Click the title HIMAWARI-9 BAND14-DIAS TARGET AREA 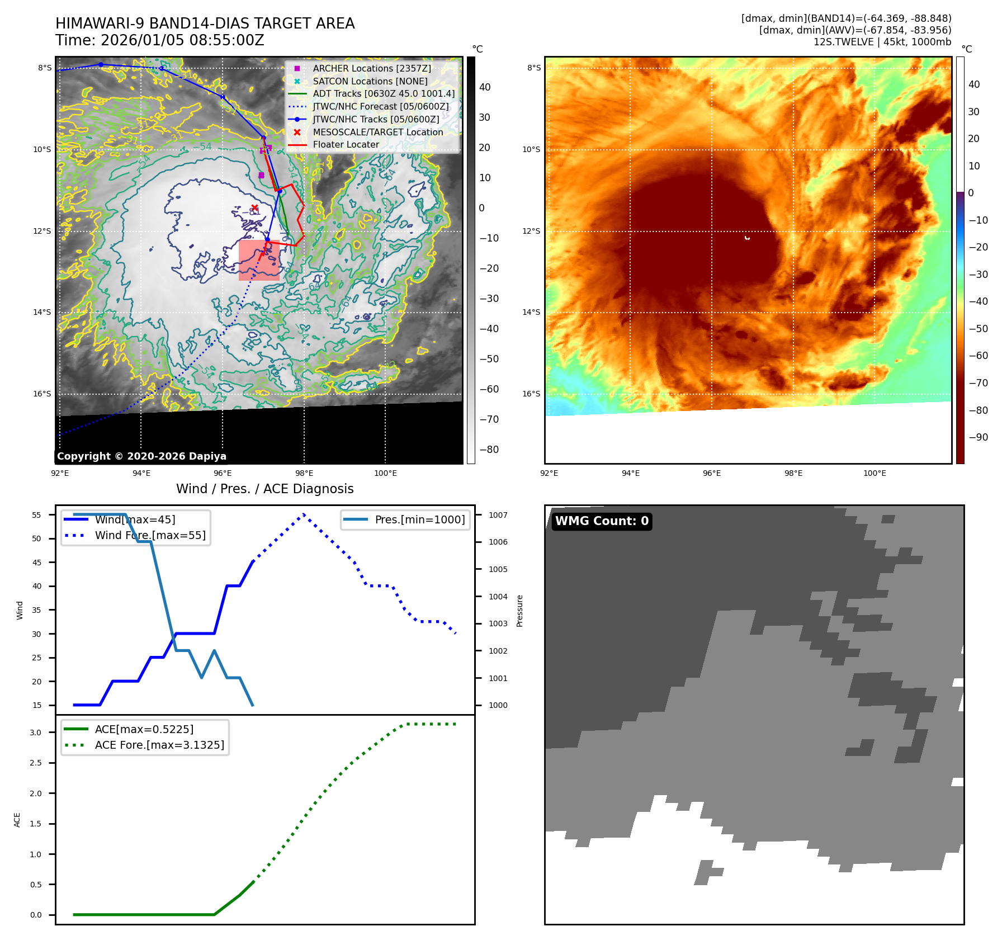pyautogui.click(x=205, y=23)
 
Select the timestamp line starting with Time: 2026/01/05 pyautogui.click(x=159, y=40)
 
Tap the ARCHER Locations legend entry pyautogui.click(x=371, y=68)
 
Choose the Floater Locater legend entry pyautogui.click(x=346, y=144)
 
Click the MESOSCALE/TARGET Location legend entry pyautogui.click(x=377, y=132)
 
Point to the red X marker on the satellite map pyautogui.click(x=254, y=208)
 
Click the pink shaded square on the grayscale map pyautogui.click(x=258, y=260)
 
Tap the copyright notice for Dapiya pyautogui.click(x=141, y=456)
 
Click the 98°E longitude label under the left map pyautogui.click(x=304, y=473)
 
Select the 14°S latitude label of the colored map pyautogui.click(x=531, y=312)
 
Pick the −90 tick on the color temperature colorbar pyautogui.click(x=978, y=437)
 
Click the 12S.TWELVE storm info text pyautogui.click(x=882, y=42)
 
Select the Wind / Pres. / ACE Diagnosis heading pyautogui.click(x=264, y=489)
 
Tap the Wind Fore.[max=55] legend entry pyautogui.click(x=150, y=535)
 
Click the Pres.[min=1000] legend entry pyautogui.click(x=419, y=519)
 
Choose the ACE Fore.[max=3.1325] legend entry pyautogui.click(x=159, y=745)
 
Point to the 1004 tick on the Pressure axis pyautogui.click(x=498, y=597)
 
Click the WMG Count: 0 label pyautogui.click(x=602, y=521)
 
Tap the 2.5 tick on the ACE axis pyautogui.click(x=36, y=763)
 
